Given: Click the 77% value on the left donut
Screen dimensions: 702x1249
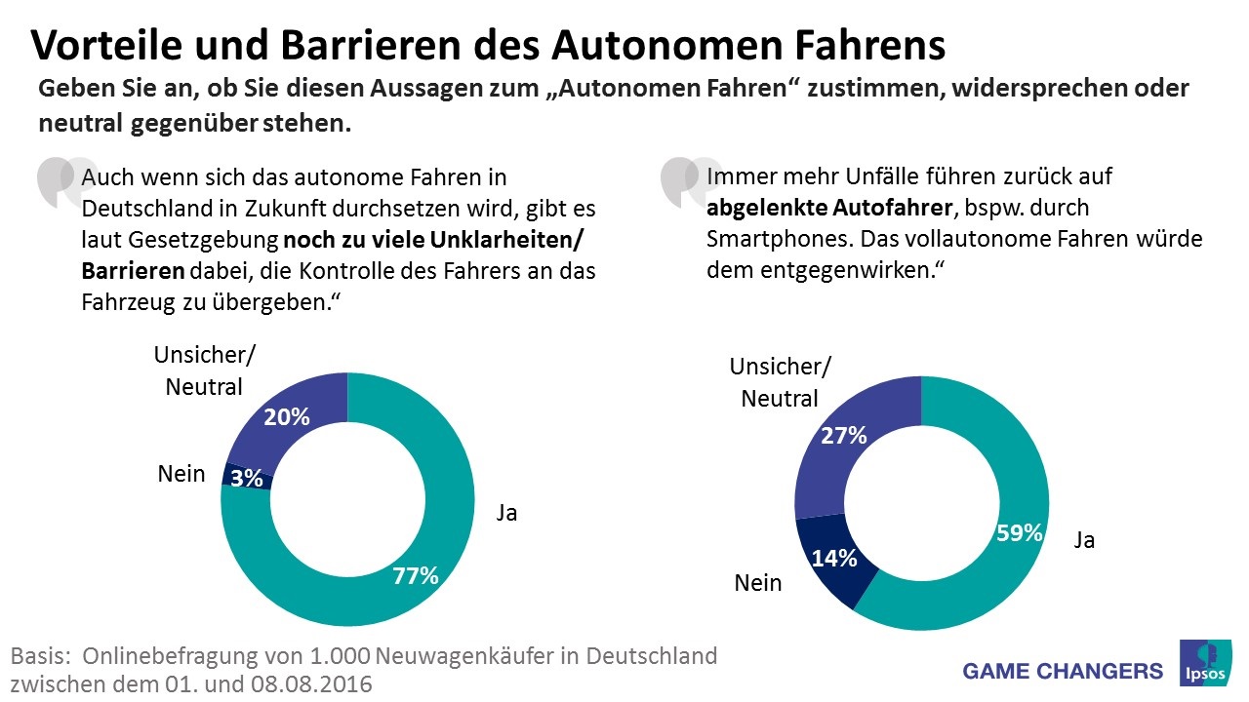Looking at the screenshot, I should point(415,576).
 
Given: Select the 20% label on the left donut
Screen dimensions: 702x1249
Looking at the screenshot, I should point(287,417).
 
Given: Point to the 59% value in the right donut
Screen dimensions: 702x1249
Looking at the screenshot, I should point(1020,533).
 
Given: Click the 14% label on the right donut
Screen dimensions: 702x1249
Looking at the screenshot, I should point(834,558).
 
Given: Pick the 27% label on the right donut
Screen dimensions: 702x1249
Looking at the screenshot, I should point(844,436).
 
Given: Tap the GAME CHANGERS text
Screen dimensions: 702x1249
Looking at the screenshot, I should point(1063,671).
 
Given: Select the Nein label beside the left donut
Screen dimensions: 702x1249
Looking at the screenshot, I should point(181,475).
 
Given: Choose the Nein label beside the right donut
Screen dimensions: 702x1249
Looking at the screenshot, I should point(758,583).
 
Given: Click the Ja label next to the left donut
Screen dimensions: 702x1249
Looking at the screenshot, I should point(506,513).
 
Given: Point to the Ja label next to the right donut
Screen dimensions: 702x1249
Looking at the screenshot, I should point(1084,540).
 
